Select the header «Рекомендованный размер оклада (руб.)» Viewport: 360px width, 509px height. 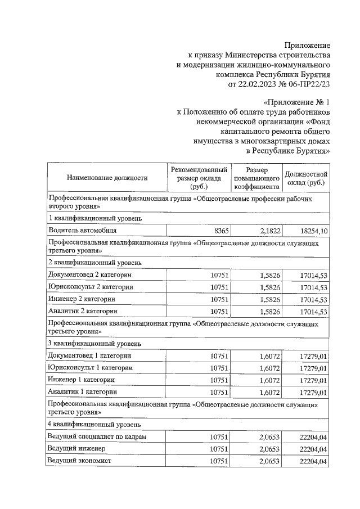tap(200, 178)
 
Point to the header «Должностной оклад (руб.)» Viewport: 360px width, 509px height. tap(306, 178)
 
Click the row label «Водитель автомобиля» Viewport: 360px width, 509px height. tap(83, 231)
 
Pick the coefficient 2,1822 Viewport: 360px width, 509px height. tap(268, 231)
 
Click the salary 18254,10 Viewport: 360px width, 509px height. tap(314, 231)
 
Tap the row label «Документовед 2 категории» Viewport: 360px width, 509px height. tap(91, 274)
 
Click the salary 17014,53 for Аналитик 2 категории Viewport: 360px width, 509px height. tap(314, 312)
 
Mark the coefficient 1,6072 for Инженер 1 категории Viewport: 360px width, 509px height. tap(268, 380)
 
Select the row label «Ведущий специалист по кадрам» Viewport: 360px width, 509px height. tap(98, 436)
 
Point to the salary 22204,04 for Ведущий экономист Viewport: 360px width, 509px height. tap(314, 461)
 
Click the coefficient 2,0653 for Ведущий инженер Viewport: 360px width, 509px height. tap(268, 449)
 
